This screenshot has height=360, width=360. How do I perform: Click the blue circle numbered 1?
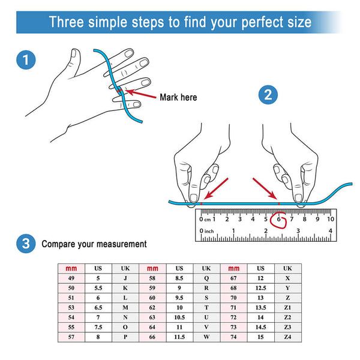point(26,59)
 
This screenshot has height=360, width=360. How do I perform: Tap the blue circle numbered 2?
point(268,95)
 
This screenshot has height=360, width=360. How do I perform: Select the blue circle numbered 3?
point(26,244)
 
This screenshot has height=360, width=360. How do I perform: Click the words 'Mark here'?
point(178,97)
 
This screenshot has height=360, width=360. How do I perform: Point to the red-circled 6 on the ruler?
point(279,219)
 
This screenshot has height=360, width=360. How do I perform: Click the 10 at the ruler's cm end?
point(331,219)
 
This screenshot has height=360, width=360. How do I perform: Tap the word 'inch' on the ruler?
point(209,231)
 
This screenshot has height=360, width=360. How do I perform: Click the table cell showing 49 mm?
point(71,278)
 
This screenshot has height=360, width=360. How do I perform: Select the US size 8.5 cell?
point(179,278)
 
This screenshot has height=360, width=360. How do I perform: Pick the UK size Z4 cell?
point(287,337)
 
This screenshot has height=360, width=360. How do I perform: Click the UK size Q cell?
point(206,278)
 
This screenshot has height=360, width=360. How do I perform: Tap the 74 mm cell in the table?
point(233,337)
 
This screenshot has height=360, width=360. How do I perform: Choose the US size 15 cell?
point(260,337)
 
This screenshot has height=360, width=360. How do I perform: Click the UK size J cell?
point(125,278)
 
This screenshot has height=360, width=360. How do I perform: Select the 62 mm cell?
point(152,307)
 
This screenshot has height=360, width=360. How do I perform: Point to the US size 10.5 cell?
point(179,317)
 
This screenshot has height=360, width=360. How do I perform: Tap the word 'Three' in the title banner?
point(67,22)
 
